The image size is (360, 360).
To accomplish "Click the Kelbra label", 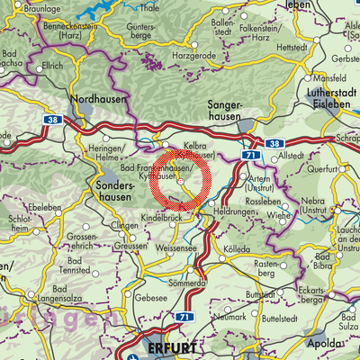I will click(184, 145).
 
